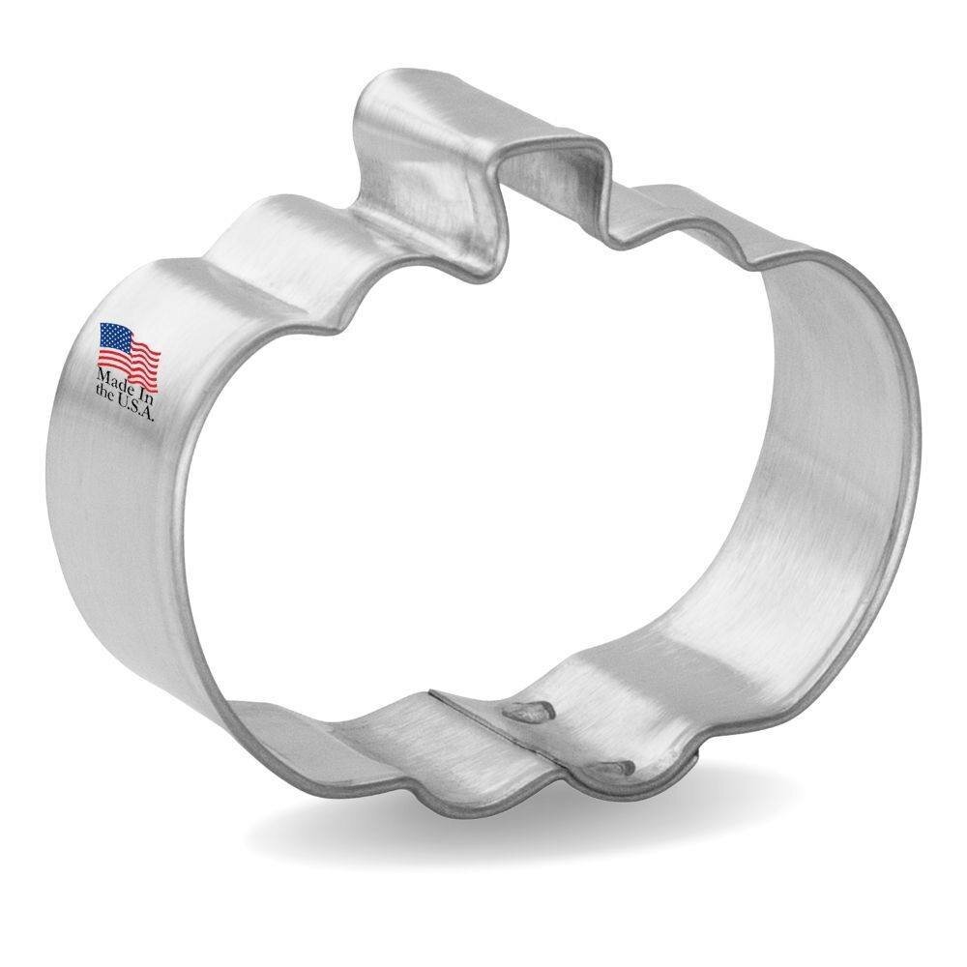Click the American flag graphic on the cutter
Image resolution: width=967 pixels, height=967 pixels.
[x=129, y=348]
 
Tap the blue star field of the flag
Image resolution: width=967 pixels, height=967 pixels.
[x=114, y=338]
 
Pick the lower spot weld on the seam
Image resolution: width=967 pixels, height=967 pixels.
[x=612, y=769]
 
